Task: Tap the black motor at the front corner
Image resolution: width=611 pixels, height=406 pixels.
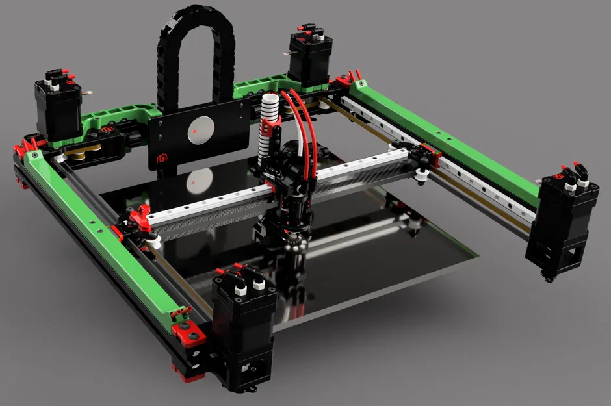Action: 242,325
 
